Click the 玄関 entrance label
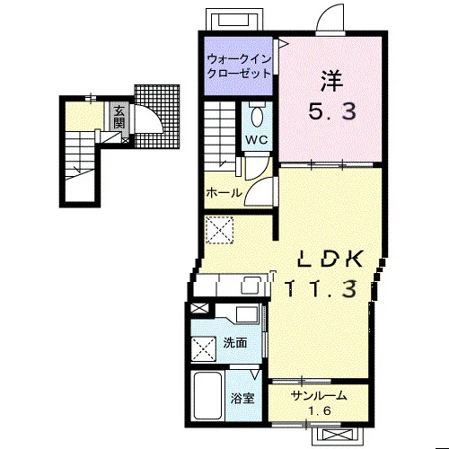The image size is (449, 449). pos(119,117)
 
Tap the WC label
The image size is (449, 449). pos(257,139)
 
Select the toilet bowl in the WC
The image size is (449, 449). pos(257,117)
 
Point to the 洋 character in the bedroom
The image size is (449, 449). pos(331,81)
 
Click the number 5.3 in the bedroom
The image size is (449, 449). pos(332,110)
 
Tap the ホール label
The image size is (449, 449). pos(224,192)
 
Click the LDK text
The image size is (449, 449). pos(331,259)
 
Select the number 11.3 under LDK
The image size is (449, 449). pos(322,288)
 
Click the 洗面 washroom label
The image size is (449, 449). pos(235,343)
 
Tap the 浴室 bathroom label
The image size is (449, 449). pos(242,398)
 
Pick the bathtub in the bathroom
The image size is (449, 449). pos(207,395)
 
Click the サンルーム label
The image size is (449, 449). pos(319,396)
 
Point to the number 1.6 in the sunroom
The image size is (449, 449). pos(320,411)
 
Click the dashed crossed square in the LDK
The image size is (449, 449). pos(219,230)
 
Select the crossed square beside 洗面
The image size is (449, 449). pos(204,348)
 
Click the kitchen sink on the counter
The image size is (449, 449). pos(251,286)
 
